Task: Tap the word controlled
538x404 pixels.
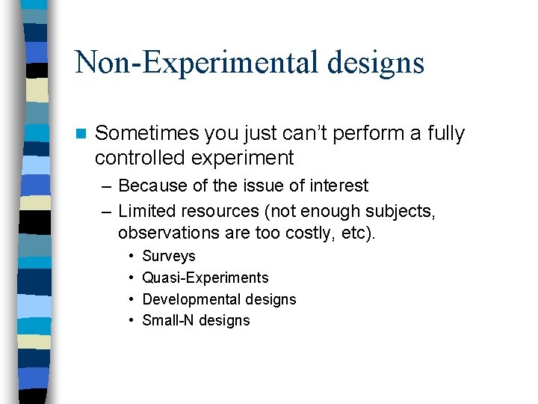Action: click(141, 158)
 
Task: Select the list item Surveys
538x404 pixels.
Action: click(168, 257)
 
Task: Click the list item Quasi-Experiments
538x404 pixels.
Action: click(205, 278)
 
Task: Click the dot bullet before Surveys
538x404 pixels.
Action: click(131, 257)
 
